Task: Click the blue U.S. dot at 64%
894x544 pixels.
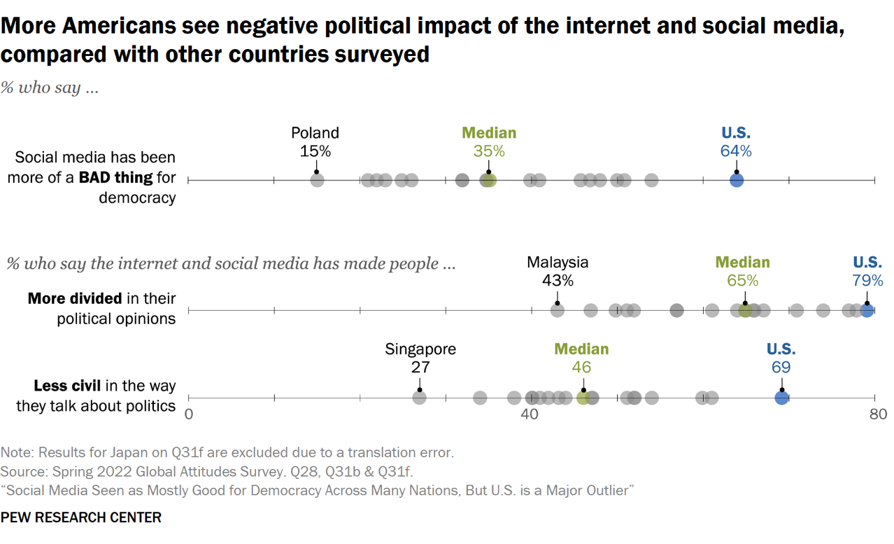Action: coord(736,181)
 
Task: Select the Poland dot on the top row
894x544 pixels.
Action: coord(317,181)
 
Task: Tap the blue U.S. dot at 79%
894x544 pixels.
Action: coord(867,310)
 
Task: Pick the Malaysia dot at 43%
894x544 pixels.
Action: coord(557,310)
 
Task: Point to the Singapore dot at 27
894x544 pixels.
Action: coord(419,398)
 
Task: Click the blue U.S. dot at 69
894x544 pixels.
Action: coord(781,398)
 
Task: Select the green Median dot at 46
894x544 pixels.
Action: coord(583,398)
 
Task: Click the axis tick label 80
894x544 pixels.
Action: coord(878,414)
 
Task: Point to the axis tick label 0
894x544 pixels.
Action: coord(188,414)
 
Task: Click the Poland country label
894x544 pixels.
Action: coord(315,133)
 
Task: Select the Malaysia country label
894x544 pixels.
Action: coord(558,263)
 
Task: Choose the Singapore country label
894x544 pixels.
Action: coord(420,349)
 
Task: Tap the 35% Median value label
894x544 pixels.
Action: coord(488,151)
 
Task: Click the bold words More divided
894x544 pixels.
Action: coord(75,299)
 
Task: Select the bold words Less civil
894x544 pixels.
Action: coord(67,386)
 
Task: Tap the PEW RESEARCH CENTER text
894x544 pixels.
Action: coord(81,517)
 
